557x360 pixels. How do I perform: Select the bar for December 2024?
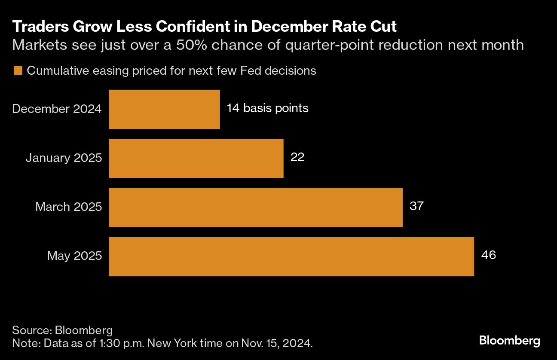(164, 109)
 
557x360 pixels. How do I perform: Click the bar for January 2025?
(196, 158)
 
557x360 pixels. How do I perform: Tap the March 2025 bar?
(255, 207)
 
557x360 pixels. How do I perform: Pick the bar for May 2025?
(291, 256)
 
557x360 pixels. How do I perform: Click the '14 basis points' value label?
(267, 108)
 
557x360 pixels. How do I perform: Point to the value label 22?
(297, 157)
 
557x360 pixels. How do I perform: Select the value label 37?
(416, 206)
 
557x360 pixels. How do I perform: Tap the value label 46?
(489, 255)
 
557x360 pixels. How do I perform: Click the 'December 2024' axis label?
(57, 109)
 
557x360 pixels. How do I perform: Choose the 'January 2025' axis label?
(64, 158)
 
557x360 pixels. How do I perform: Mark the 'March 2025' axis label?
(68, 207)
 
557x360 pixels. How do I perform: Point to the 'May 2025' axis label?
(74, 256)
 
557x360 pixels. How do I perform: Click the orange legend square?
(18, 71)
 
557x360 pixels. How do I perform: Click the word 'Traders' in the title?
(37, 27)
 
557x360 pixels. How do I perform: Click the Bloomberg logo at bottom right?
(509, 341)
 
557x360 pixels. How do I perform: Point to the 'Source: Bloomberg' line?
(62, 330)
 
